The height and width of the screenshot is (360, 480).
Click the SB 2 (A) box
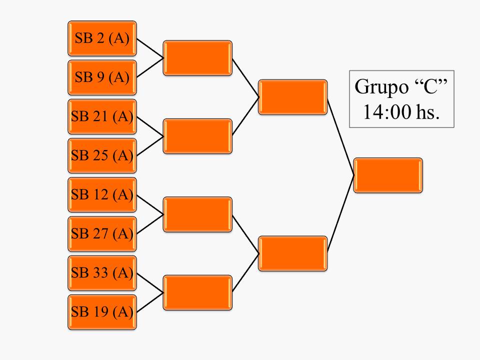click(x=102, y=38)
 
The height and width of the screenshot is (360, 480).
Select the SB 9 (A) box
click(x=102, y=77)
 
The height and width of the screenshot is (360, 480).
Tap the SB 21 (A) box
click(x=102, y=116)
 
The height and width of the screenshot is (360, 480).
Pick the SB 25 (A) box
click(x=102, y=155)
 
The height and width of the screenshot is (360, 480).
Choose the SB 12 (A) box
click(x=102, y=194)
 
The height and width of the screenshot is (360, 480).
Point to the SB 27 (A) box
click(x=102, y=233)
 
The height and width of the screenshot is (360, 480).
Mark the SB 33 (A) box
click(x=102, y=273)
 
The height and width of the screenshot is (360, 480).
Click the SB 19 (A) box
click(x=102, y=312)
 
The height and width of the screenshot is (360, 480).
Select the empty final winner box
click(x=388, y=175)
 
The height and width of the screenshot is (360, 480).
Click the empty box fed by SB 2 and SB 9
click(x=197, y=58)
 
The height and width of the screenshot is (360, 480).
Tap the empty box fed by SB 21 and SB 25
click(x=197, y=136)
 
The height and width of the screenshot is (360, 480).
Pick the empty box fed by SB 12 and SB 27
click(x=197, y=214)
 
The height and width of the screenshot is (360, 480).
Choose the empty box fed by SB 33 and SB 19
click(x=197, y=292)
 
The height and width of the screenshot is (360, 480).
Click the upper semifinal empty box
click(x=292, y=97)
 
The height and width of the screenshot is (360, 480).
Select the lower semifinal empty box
click(x=292, y=253)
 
